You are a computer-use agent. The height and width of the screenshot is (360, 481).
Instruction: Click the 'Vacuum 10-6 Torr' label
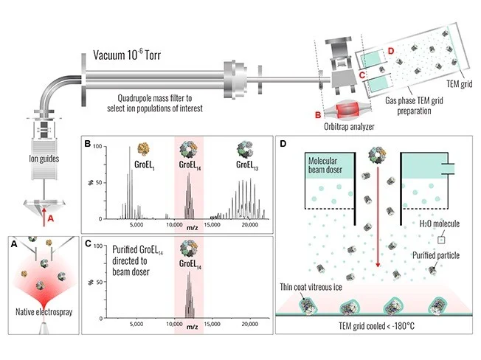click(137, 56)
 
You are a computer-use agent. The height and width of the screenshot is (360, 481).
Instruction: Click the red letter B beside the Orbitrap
click(317, 114)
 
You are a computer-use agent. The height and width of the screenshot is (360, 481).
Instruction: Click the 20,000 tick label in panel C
click(249, 323)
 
